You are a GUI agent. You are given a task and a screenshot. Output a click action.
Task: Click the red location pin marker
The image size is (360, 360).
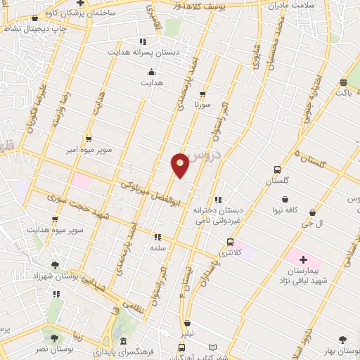180,165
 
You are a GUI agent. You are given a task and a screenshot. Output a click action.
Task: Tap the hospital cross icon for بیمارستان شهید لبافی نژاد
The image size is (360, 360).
303,260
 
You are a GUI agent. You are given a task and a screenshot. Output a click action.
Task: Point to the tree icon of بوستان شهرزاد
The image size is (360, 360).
55,265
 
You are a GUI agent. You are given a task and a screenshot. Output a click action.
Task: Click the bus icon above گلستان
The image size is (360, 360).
277,170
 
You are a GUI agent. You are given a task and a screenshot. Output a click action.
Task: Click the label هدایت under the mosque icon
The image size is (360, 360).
151,83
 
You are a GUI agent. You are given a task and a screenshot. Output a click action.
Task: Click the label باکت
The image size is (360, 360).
343,92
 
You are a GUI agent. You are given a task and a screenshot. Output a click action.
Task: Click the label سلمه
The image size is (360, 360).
157,248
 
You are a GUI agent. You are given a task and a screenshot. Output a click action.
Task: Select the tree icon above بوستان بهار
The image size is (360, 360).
342,340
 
